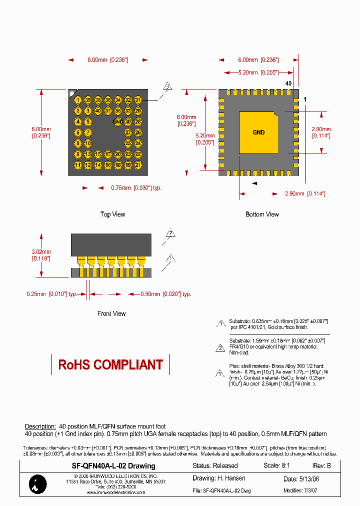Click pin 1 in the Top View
pyautogui.click(x=78, y=100)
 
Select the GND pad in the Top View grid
pyautogui.click(x=118, y=121)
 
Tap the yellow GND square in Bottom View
pyautogui.click(x=258, y=132)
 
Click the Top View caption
pyautogui.click(x=112, y=214)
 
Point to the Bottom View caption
pyautogui.click(x=262, y=214)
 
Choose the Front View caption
pyautogui.click(x=111, y=314)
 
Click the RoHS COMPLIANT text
pyautogui.click(x=110, y=365)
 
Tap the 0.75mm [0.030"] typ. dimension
pyautogui.click(x=136, y=188)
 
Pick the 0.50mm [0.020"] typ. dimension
pyautogui.click(x=165, y=294)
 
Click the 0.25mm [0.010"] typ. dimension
pyautogui.click(x=51, y=294)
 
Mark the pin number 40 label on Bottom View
pyautogui.click(x=288, y=83)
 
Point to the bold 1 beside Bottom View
pyautogui.click(x=305, y=99)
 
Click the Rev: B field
pyautogui.click(x=322, y=466)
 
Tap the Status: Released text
pyautogui.click(x=215, y=466)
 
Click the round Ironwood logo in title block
pyautogui.click(x=38, y=483)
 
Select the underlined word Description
pyautogui.click(x=40, y=426)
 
